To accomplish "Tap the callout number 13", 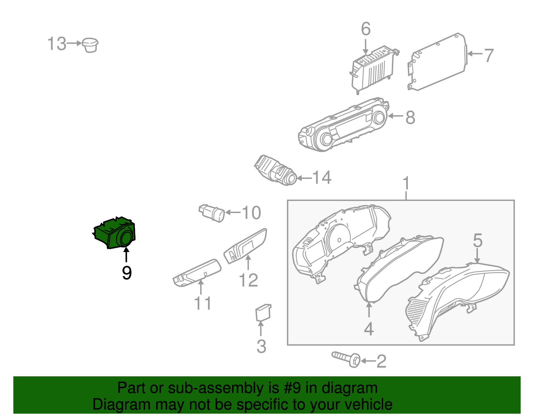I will (x=56, y=44).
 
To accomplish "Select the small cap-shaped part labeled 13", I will (x=90, y=45).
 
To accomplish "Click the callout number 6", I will (x=366, y=29).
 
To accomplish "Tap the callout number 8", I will (x=410, y=117).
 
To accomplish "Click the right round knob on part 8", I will (x=379, y=118).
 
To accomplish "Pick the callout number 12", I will (x=248, y=280).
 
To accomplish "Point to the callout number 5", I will (x=478, y=240).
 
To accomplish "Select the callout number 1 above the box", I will (x=406, y=184).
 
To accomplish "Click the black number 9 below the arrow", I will (x=126, y=273).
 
